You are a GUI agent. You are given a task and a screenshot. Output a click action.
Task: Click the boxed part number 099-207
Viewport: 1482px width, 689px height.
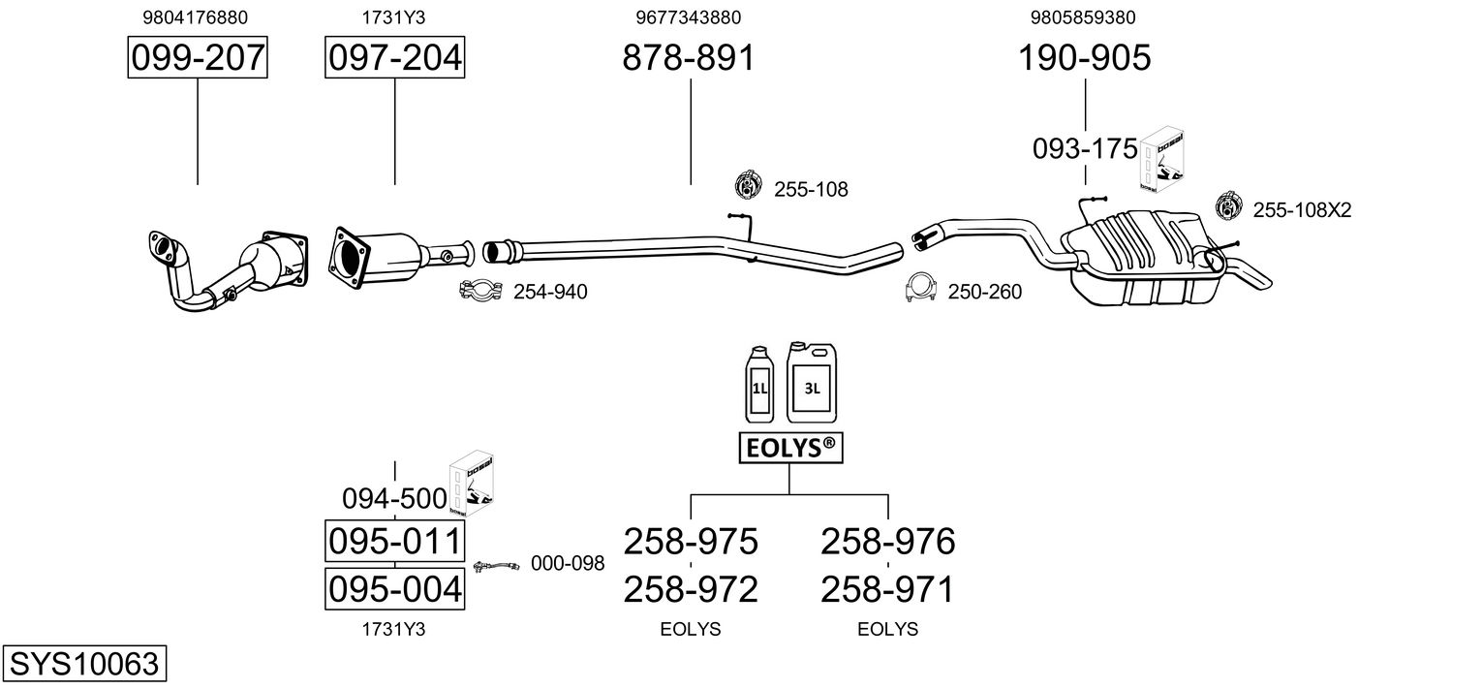198,57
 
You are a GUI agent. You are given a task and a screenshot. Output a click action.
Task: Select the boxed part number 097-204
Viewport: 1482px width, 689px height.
394,57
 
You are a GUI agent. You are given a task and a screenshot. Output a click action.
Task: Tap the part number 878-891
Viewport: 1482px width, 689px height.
688,57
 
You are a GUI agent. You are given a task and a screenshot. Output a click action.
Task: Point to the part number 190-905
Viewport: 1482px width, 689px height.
1084,57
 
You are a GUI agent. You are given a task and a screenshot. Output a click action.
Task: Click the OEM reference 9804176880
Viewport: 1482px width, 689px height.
195,17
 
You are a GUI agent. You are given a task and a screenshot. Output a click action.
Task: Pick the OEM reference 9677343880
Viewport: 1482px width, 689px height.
688,17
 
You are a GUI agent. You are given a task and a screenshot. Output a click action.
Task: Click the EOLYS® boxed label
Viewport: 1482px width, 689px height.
790,448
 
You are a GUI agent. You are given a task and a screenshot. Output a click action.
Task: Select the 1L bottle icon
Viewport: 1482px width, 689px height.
759,384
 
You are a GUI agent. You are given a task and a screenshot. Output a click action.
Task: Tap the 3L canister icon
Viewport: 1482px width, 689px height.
811,382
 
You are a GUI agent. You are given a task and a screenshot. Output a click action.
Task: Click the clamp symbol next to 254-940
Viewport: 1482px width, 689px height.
481,291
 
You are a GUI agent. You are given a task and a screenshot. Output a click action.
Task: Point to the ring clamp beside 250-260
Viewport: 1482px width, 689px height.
920,287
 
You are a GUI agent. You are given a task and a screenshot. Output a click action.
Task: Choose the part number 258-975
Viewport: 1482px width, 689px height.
690,542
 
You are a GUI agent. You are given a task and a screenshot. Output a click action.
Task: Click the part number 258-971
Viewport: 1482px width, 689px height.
887,589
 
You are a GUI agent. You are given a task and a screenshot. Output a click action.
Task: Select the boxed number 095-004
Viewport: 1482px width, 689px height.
394,588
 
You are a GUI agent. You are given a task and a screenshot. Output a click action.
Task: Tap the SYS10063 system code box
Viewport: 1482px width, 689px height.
84,663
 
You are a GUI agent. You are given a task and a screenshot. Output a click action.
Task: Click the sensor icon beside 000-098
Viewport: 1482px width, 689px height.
496,566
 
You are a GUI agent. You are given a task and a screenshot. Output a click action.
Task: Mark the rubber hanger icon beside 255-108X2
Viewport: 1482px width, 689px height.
1229,205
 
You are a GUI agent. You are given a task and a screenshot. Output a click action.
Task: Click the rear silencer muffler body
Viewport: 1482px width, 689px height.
1146,257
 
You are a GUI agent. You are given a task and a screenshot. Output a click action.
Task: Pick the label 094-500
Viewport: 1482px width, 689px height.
394,498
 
